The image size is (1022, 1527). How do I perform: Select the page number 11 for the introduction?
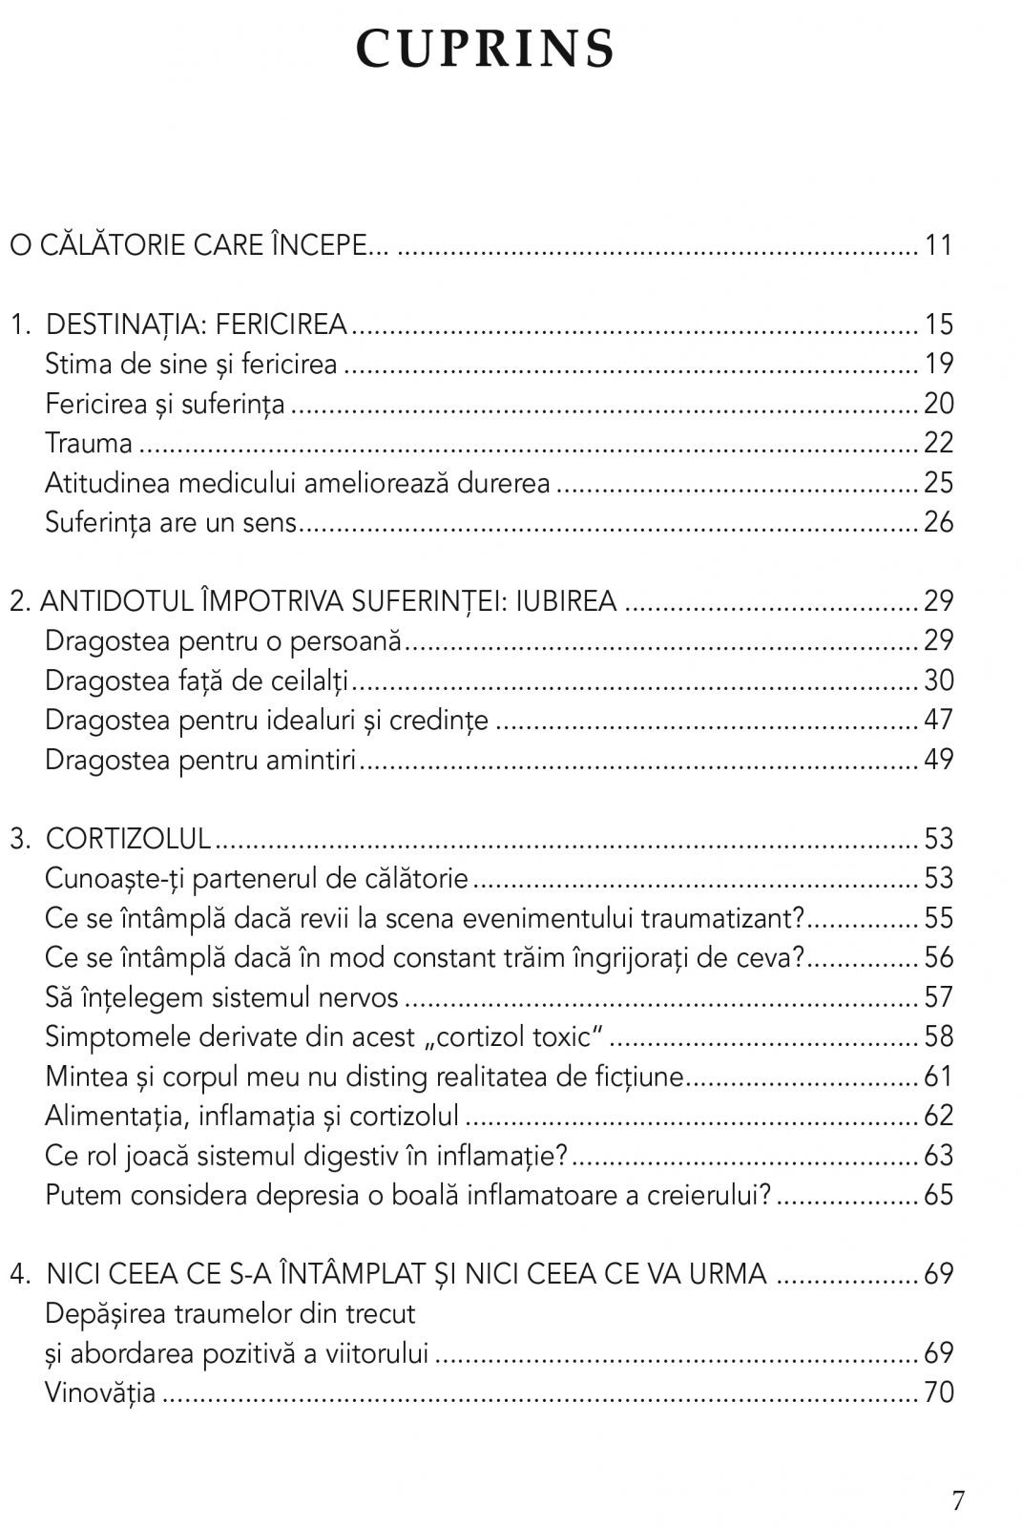click(938, 245)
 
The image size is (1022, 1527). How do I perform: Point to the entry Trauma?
click(89, 443)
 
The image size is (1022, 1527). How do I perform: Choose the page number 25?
click(938, 483)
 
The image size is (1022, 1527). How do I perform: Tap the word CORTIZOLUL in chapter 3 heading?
click(128, 839)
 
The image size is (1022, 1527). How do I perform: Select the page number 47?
click(938, 720)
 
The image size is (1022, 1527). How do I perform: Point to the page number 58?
click(938, 1036)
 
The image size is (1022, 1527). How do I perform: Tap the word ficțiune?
click(636, 1077)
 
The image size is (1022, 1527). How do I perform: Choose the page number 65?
click(938, 1195)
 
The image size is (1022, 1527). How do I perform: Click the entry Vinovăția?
click(100, 1392)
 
